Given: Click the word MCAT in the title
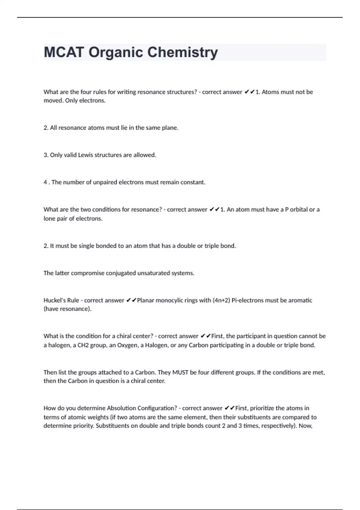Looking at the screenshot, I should (64, 52).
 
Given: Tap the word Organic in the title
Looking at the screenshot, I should (116, 52).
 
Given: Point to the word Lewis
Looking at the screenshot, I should (86, 155).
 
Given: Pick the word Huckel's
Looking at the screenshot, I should (61, 300).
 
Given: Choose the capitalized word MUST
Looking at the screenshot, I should (180, 373).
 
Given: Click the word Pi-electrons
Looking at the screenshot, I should (251, 300).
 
